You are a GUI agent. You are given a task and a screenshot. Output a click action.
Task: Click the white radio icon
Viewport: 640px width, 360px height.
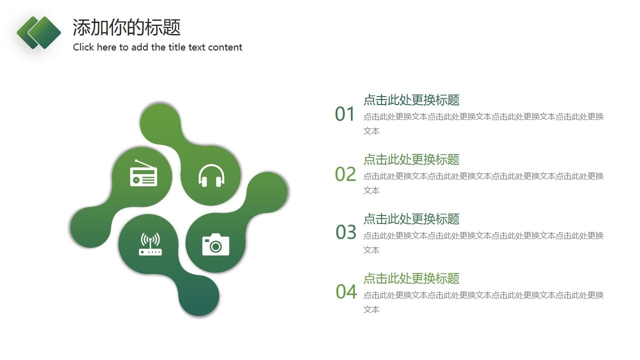coord(143,174)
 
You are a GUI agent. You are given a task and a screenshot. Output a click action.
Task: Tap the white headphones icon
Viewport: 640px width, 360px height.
coord(211,175)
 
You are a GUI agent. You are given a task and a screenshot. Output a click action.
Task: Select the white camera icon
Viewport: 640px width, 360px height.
coord(215,244)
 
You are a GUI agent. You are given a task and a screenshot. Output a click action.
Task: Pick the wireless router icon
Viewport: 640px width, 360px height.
coord(150,244)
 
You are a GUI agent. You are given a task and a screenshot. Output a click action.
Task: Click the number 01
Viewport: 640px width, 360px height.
coord(344,114)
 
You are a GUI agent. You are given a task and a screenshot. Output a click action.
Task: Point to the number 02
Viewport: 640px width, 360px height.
coord(345,174)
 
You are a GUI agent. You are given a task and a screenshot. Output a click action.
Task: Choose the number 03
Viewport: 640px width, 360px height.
coord(345,232)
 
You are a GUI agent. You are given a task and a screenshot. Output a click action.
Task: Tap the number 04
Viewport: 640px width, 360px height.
coord(346,292)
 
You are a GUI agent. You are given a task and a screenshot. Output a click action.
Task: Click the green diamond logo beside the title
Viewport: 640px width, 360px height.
coord(39,32)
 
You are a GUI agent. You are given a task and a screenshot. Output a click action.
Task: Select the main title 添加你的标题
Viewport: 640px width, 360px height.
coord(126,27)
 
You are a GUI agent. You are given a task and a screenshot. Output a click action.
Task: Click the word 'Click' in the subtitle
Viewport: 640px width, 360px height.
coord(83,47)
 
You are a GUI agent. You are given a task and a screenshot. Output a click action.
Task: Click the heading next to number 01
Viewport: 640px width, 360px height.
coord(411,100)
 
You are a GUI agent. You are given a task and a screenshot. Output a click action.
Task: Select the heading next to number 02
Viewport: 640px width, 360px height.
coord(411,159)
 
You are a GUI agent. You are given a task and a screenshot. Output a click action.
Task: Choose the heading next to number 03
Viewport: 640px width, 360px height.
coord(411,219)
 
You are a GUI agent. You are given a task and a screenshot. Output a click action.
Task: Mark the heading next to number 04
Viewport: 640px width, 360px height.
coord(411,278)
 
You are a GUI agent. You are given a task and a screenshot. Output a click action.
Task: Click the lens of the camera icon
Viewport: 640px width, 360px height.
coord(216,246)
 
